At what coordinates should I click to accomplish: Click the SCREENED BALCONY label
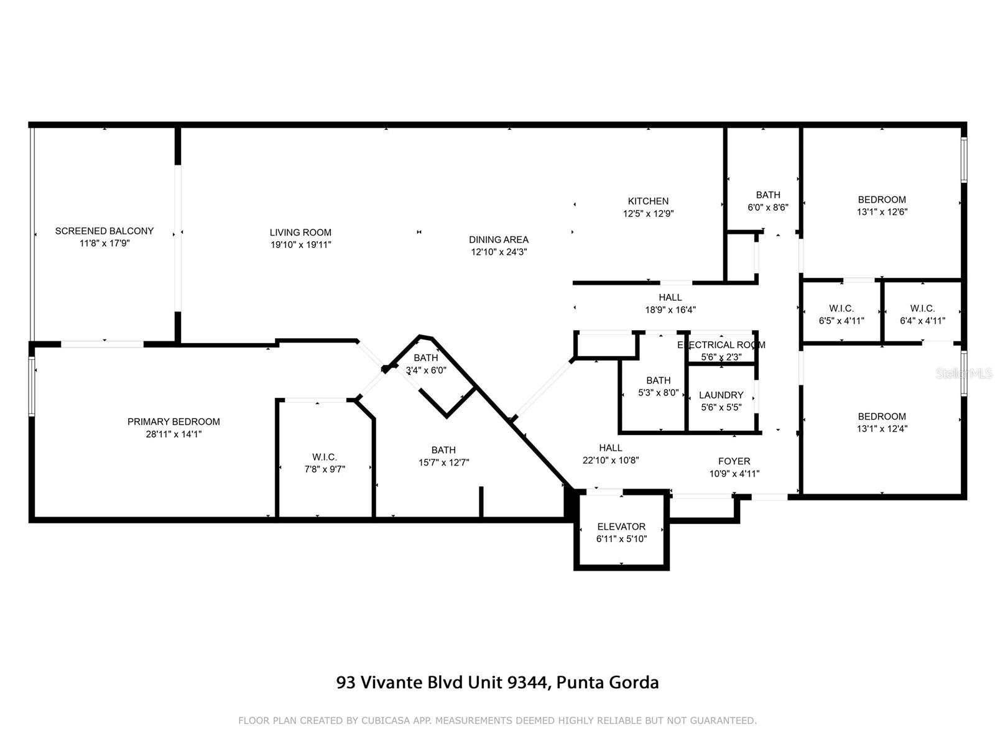click(x=104, y=231)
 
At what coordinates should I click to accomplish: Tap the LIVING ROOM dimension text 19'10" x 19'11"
click(x=300, y=245)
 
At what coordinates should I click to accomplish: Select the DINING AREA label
click(x=499, y=239)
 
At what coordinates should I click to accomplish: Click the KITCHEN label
click(x=648, y=201)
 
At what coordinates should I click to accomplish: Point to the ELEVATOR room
click(x=621, y=532)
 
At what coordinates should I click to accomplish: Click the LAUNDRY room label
click(x=721, y=395)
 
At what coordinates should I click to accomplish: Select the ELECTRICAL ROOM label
click(x=721, y=344)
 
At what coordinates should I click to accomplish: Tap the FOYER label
click(x=734, y=461)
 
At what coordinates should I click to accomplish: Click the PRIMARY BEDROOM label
click(x=174, y=421)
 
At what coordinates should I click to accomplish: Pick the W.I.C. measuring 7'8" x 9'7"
click(x=325, y=463)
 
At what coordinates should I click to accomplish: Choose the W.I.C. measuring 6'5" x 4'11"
click(x=841, y=315)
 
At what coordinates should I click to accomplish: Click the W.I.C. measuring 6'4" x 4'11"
click(x=922, y=315)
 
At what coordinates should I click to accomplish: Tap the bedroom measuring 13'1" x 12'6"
click(x=881, y=205)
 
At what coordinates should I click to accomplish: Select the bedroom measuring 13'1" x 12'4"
click(x=881, y=422)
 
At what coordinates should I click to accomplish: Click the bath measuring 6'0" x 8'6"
click(x=767, y=201)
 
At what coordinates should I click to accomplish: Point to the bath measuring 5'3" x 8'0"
click(x=658, y=386)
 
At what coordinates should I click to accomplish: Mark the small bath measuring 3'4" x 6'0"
click(x=426, y=364)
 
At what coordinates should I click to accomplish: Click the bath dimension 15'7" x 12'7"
click(x=443, y=463)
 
